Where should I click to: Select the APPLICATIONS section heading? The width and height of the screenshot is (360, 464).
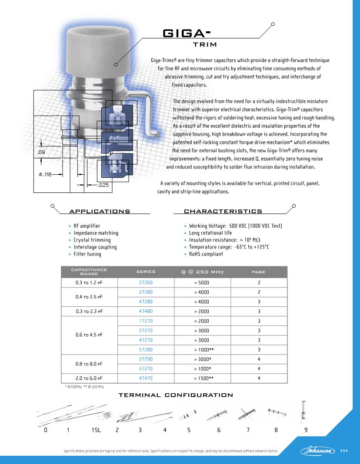pos(100,212)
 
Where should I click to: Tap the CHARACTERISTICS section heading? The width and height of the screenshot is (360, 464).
pos(223,212)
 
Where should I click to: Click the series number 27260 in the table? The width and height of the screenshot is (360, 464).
pos(146,282)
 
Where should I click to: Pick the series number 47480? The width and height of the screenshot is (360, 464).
pos(146,311)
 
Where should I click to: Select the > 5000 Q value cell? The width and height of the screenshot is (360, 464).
pos(202,282)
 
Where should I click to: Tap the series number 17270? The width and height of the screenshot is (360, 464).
pos(146,321)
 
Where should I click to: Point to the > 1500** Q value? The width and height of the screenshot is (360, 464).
pos(202,378)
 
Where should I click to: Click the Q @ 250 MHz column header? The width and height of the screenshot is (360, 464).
pos(202,272)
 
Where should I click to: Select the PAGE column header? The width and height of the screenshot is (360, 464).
pos(259,272)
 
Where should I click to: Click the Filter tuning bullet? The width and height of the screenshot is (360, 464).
pos(87,254)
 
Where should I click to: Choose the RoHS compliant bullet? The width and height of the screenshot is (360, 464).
pos(206,254)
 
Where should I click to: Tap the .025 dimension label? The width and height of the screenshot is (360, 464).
pos(103,186)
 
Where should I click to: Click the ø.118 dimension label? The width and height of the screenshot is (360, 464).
pos(45,175)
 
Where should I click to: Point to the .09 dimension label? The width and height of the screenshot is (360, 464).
pos(41,152)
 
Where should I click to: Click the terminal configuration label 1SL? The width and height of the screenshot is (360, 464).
pos(96,430)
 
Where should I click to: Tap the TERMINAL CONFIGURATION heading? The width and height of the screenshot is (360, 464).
pos(176,395)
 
